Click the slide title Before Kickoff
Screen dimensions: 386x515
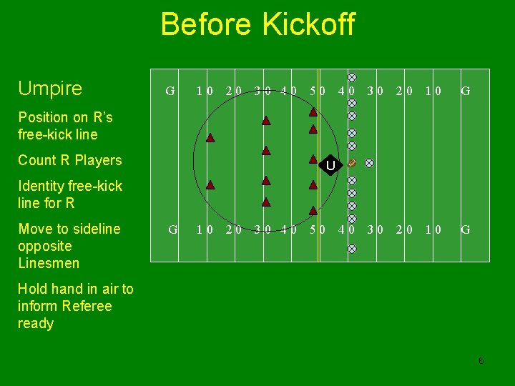(x=257, y=24)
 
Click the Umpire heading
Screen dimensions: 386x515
(x=50, y=89)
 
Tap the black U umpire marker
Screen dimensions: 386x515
(x=330, y=167)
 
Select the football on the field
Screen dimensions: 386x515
(x=352, y=163)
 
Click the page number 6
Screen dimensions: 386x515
(x=481, y=360)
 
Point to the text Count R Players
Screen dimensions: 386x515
(x=70, y=160)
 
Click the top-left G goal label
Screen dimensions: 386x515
(x=170, y=91)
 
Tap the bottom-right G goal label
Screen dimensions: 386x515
(x=465, y=229)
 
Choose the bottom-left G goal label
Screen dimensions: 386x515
(x=172, y=229)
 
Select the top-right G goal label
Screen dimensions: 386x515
(x=465, y=91)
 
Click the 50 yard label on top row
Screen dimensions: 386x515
(x=318, y=91)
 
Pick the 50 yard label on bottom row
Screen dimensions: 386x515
(x=318, y=229)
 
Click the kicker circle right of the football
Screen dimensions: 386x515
(x=369, y=163)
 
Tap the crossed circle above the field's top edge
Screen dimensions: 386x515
(x=352, y=76)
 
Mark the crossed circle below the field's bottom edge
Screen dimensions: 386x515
(x=352, y=249)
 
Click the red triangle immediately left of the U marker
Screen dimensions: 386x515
(x=313, y=159)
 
